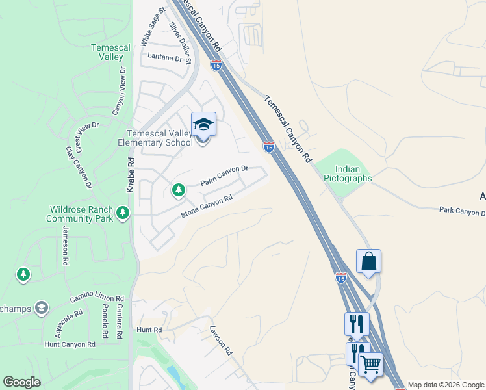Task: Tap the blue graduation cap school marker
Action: [x=203, y=124]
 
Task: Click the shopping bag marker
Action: [x=368, y=261]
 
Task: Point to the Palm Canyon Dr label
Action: [x=224, y=175]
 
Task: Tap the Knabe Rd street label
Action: [x=130, y=176]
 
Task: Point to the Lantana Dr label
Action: [x=166, y=57]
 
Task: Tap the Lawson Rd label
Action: [x=221, y=339]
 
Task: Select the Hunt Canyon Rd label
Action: [x=74, y=344]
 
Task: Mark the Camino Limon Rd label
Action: [x=97, y=298]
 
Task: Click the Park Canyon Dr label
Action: [x=462, y=211]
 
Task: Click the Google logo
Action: [x=21, y=382]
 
